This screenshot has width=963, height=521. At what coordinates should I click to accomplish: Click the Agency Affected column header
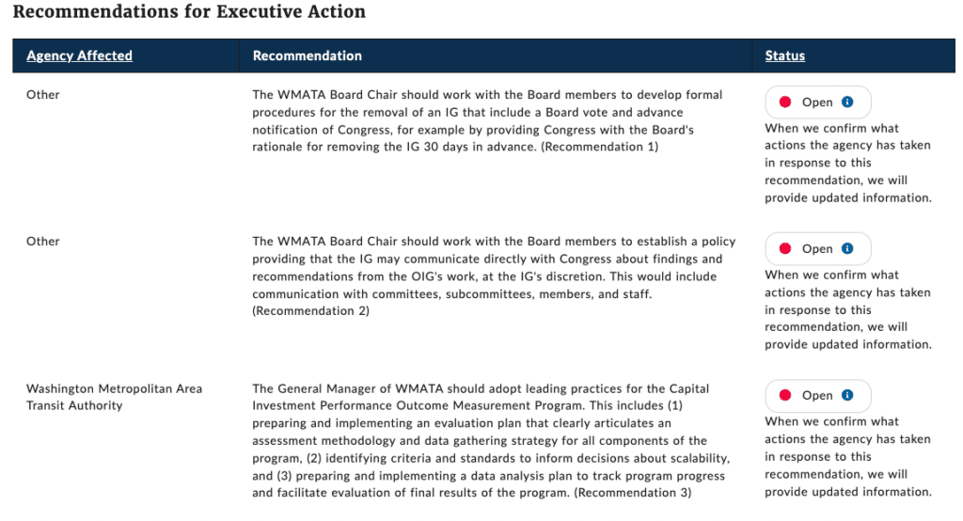coord(79,55)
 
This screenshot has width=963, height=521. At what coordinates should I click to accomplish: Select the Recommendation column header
coord(307,55)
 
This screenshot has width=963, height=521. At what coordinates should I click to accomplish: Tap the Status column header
coord(784,55)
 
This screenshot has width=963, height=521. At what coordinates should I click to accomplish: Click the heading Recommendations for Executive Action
coord(189,12)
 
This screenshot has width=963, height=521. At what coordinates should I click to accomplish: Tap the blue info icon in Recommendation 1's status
coord(847,102)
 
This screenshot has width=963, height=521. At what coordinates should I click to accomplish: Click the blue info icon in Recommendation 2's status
coord(847,248)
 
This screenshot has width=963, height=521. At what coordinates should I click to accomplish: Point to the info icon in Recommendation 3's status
coord(847,395)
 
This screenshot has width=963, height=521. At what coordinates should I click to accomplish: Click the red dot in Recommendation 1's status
coord(784,102)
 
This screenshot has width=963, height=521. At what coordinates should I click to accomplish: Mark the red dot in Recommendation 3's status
coord(784,395)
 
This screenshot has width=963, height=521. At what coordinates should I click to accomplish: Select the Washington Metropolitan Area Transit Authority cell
coord(114,397)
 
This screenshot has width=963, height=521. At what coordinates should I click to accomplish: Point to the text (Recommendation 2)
coord(311,310)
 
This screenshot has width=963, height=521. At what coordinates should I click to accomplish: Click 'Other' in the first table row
coord(42,94)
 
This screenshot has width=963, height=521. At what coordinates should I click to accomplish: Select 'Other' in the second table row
coord(42,241)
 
